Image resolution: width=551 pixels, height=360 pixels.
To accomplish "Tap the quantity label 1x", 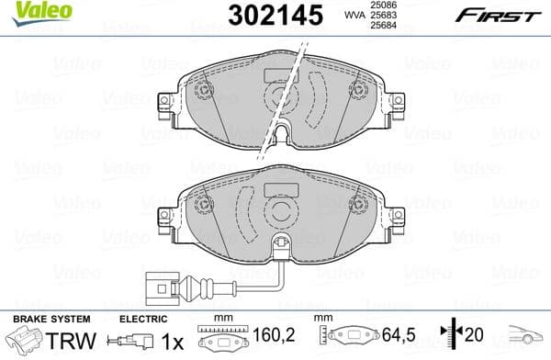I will (x=172, y=342).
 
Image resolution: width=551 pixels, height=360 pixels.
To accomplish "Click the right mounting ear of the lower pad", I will (x=394, y=219).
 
